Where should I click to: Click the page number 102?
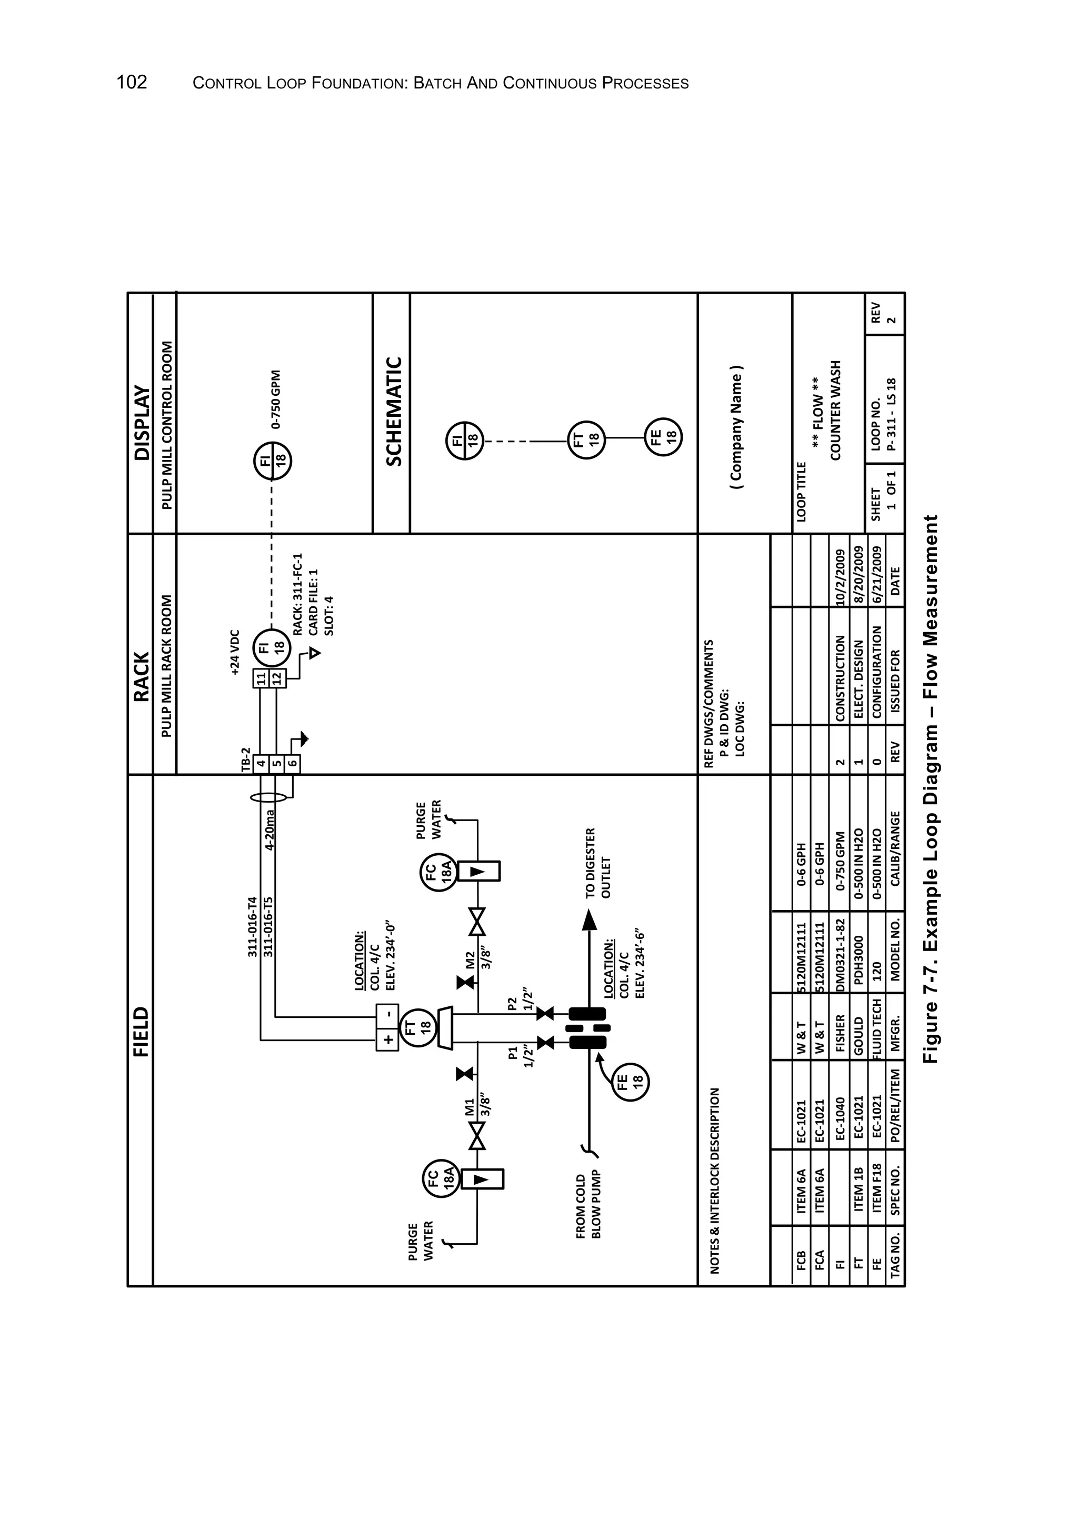pos(132,83)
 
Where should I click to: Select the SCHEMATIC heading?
pos(394,412)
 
